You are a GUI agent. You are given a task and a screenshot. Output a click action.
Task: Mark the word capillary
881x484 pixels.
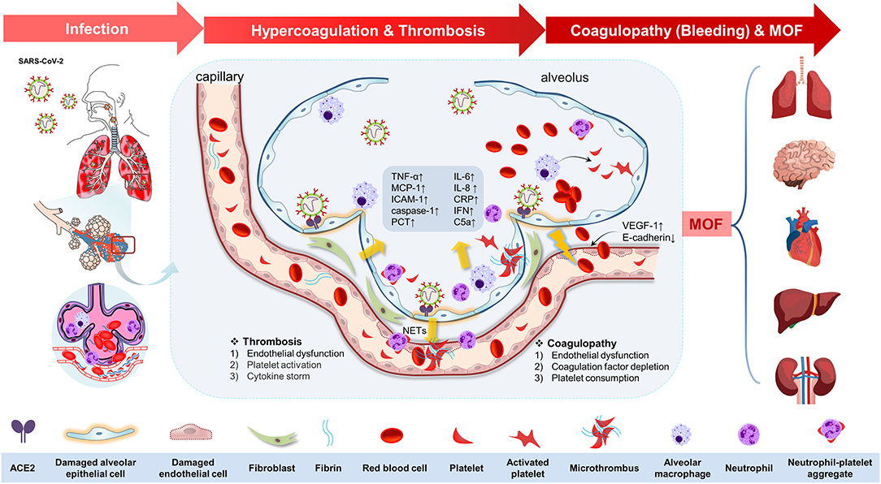tap(220, 77)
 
